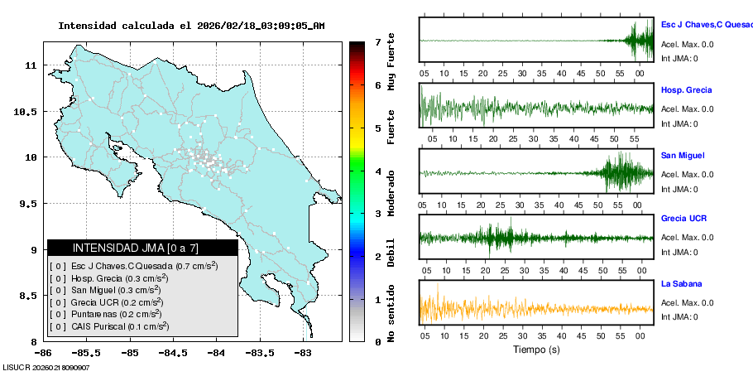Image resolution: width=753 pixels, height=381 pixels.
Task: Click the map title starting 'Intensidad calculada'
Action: point(191,26)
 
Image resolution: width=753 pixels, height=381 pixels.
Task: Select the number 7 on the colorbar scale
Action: point(377,41)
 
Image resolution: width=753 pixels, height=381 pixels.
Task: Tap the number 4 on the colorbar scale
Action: point(377,171)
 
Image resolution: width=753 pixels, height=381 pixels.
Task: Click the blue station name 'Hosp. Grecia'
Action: point(686,89)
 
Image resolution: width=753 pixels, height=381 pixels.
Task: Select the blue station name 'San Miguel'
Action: point(682,155)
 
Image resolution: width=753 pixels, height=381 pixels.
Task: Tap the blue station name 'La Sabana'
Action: point(681,283)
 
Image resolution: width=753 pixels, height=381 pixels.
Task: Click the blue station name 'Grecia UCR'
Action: point(683,219)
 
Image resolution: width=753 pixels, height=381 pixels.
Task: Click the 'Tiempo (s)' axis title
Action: point(536,350)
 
